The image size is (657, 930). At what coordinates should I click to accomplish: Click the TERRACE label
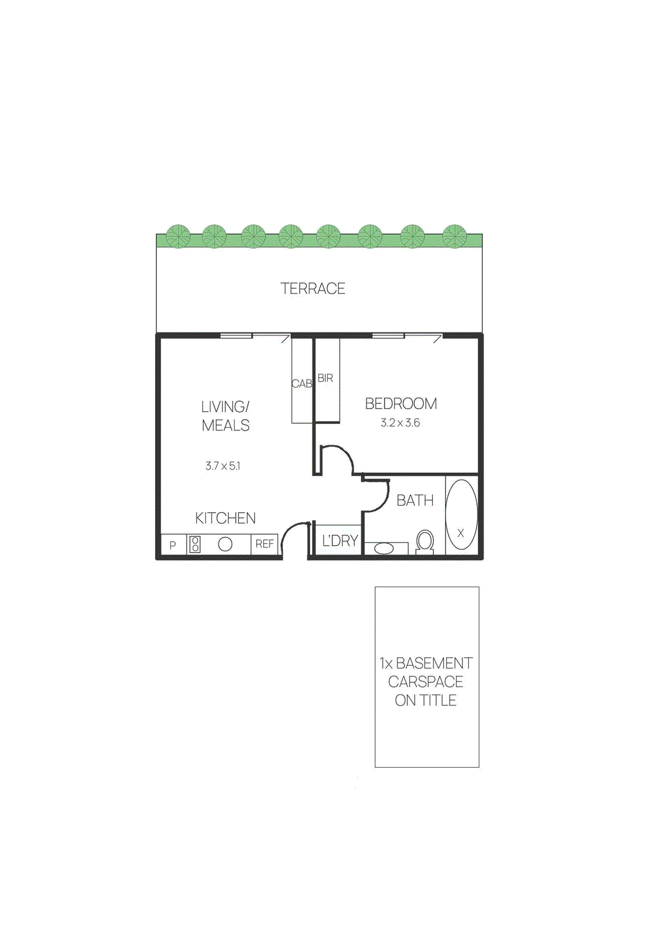[313, 288]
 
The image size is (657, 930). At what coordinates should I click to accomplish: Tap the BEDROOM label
[401, 403]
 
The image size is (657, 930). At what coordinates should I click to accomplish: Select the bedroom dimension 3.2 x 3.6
[400, 423]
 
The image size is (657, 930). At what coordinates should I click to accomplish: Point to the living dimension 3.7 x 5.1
[222, 466]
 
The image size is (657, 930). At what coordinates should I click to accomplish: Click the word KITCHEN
[225, 518]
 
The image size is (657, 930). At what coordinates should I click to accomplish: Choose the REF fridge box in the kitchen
[264, 544]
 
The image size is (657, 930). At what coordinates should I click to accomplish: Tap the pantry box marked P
[173, 545]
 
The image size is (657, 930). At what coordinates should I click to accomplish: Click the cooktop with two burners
[195, 544]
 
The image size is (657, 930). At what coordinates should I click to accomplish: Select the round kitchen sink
[225, 544]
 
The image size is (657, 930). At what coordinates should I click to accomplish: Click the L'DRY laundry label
[340, 541]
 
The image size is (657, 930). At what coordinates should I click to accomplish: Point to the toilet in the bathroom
[425, 541]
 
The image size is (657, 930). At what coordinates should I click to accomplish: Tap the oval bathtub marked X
[461, 515]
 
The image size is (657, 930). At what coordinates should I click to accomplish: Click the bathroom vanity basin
[383, 548]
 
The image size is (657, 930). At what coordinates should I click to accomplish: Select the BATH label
[415, 500]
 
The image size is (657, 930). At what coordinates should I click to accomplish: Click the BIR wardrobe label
[325, 378]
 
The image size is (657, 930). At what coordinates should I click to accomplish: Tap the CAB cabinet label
[301, 384]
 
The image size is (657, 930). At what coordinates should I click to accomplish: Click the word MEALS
[225, 425]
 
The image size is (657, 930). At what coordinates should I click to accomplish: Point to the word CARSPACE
[426, 681]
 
